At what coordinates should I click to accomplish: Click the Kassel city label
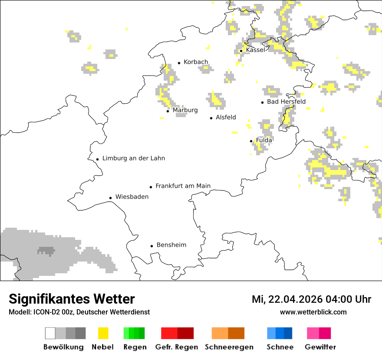tap(255, 50)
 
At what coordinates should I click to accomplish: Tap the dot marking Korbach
tap(179, 63)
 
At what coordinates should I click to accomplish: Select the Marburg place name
tap(185, 110)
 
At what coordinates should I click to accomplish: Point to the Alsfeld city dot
tap(211, 118)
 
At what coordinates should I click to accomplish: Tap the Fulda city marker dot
tap(251, 141)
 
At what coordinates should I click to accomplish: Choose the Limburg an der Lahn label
tap(133, 158)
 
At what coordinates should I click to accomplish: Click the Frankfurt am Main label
tap(183, 186)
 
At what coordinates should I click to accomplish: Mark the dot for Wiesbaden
tap(111, 198)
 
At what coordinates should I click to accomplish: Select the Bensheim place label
tap(171, 245)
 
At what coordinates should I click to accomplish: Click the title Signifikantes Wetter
tap(72, 299)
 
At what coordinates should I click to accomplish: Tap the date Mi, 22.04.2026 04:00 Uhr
tap(311, 299)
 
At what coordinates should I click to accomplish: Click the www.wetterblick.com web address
tap(313, 312)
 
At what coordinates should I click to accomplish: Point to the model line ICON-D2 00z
tap(79, 312)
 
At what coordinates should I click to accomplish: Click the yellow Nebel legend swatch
tap(103, 333)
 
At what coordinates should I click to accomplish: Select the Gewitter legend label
tap(320, 347)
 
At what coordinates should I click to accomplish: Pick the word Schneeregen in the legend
tap(229, 347)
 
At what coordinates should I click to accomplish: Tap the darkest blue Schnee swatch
tap(288, 333)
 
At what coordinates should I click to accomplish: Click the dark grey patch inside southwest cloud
tap(46, 251)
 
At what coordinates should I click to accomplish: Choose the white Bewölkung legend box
tap(50, 333)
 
